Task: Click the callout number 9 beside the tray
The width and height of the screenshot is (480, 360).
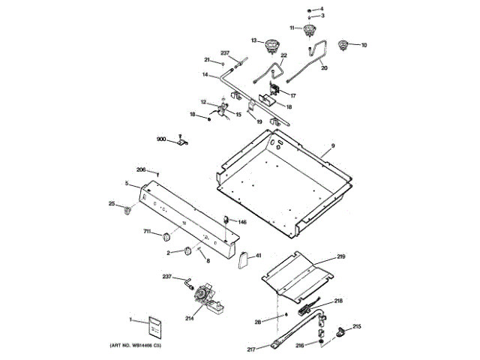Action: point(333,145)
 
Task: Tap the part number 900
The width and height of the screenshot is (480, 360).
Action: point(161,139)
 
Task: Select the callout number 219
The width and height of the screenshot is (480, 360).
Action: point(341,257)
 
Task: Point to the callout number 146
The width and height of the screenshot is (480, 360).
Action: point(242,222)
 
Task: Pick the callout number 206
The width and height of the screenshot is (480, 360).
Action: point(141,169)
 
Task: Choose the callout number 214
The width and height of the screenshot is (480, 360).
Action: point(189,319)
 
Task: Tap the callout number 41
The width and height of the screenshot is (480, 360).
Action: point(259,256)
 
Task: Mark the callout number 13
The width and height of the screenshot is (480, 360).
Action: point(253,40)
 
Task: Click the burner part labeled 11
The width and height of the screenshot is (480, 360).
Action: point(307,30)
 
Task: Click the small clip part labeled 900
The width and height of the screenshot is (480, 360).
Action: point(181,140)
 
